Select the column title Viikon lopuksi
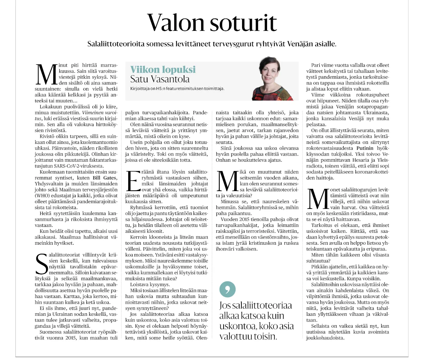click(x=163, y=70)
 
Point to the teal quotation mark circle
click(x=228, y=289)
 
